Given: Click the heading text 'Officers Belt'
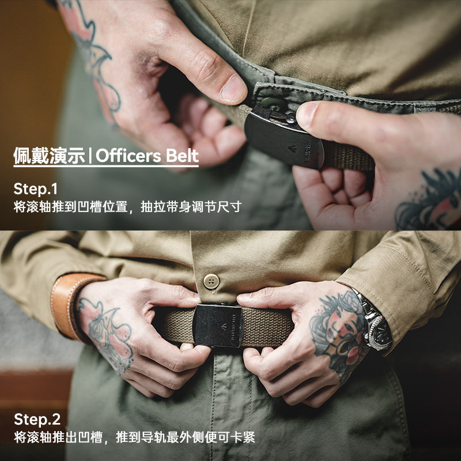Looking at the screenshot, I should [147, 156].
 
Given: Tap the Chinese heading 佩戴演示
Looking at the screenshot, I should [49, 156].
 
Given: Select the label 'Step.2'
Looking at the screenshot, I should [37, 419].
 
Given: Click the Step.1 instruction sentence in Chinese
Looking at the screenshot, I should [127, 207].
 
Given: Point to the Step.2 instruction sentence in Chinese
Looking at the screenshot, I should [134, 437].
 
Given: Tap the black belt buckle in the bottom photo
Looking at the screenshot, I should [217, 326].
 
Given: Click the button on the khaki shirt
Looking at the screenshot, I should [212, 281].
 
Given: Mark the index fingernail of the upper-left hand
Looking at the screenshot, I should [233, 88].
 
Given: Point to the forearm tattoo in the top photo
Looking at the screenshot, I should [92, 52].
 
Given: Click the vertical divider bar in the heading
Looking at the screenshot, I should [90, 156].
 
